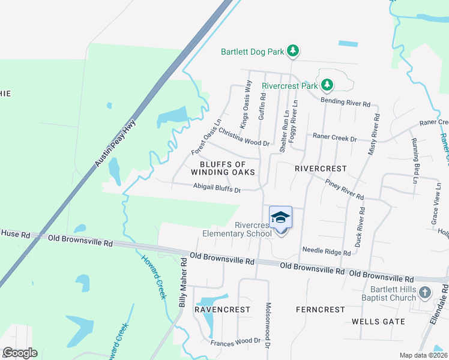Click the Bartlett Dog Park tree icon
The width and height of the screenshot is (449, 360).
coord(293,52)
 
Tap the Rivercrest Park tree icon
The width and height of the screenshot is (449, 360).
coord(327,86)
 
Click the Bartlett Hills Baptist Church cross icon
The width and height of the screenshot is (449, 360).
coord(425,293)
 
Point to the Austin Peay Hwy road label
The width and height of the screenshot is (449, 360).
coord(116,143)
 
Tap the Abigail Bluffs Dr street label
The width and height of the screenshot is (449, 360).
coord(217,188)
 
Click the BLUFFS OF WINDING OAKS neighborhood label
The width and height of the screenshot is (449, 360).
coord(223,168)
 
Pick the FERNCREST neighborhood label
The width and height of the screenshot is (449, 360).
coord(321,310)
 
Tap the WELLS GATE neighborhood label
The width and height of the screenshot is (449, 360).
coord(378,322)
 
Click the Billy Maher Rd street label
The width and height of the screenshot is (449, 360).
coord(182,282)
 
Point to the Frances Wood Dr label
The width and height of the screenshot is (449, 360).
coord(236,341)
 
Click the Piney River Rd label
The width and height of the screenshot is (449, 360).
coord(345,189)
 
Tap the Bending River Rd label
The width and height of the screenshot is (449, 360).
coord(345,102)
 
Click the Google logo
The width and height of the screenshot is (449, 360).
coord(20,353)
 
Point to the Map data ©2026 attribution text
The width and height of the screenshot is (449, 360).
coord(423,355)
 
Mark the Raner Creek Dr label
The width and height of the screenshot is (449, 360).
coord(335,138)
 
